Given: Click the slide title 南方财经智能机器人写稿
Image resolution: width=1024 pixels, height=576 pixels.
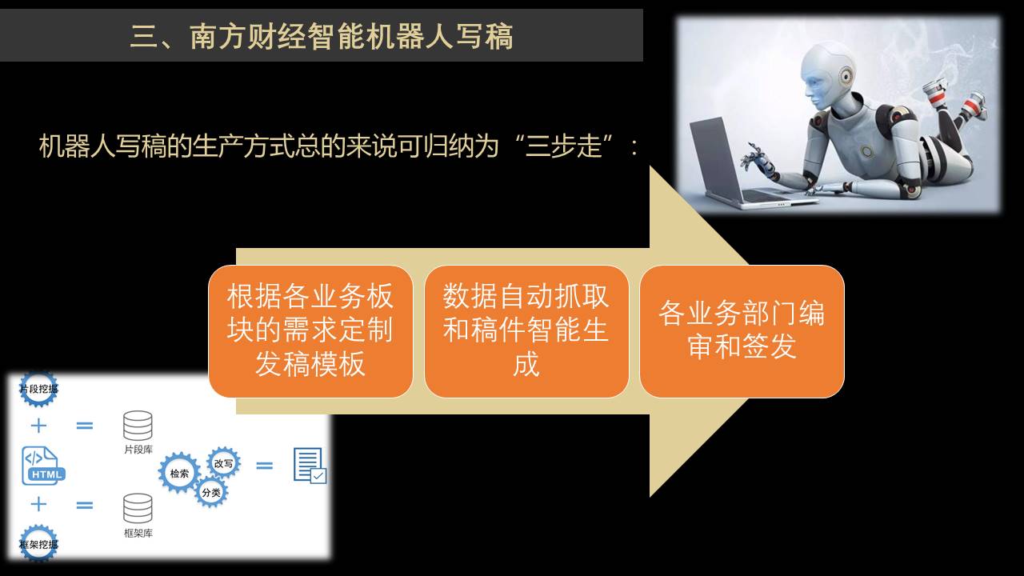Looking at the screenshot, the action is [351, 37].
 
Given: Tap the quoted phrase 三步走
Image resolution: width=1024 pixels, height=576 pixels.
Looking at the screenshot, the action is [563, 146].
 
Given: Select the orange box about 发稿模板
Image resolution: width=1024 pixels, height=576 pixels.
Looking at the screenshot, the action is [310, 331].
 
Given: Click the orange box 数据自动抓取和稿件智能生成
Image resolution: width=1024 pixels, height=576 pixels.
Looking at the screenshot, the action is [526, 331].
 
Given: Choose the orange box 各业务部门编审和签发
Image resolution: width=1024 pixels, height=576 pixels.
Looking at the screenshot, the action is [742, 331].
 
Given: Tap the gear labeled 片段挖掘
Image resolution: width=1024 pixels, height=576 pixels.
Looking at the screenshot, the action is [39, 389].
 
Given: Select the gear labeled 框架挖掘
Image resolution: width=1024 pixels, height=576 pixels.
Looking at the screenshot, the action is [39, 543].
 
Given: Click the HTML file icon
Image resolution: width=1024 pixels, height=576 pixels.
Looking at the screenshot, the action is [43, 466].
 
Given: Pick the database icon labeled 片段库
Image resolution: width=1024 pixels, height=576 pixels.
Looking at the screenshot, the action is [138, 426].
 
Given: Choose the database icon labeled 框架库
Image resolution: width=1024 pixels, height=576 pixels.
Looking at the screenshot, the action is [138, 508].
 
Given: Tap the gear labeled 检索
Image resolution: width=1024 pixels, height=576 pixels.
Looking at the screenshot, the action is [179, 473].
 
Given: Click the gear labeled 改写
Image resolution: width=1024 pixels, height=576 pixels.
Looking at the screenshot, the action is [223, 463].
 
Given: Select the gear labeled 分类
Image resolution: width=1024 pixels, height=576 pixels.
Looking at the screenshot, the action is [211, 492].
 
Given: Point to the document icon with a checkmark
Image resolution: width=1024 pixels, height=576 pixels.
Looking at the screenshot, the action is [310, 466].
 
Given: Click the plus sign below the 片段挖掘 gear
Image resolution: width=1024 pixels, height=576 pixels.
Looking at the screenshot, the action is [39, 426].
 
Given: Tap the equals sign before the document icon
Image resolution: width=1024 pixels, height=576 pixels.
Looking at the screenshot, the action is [264, 466].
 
